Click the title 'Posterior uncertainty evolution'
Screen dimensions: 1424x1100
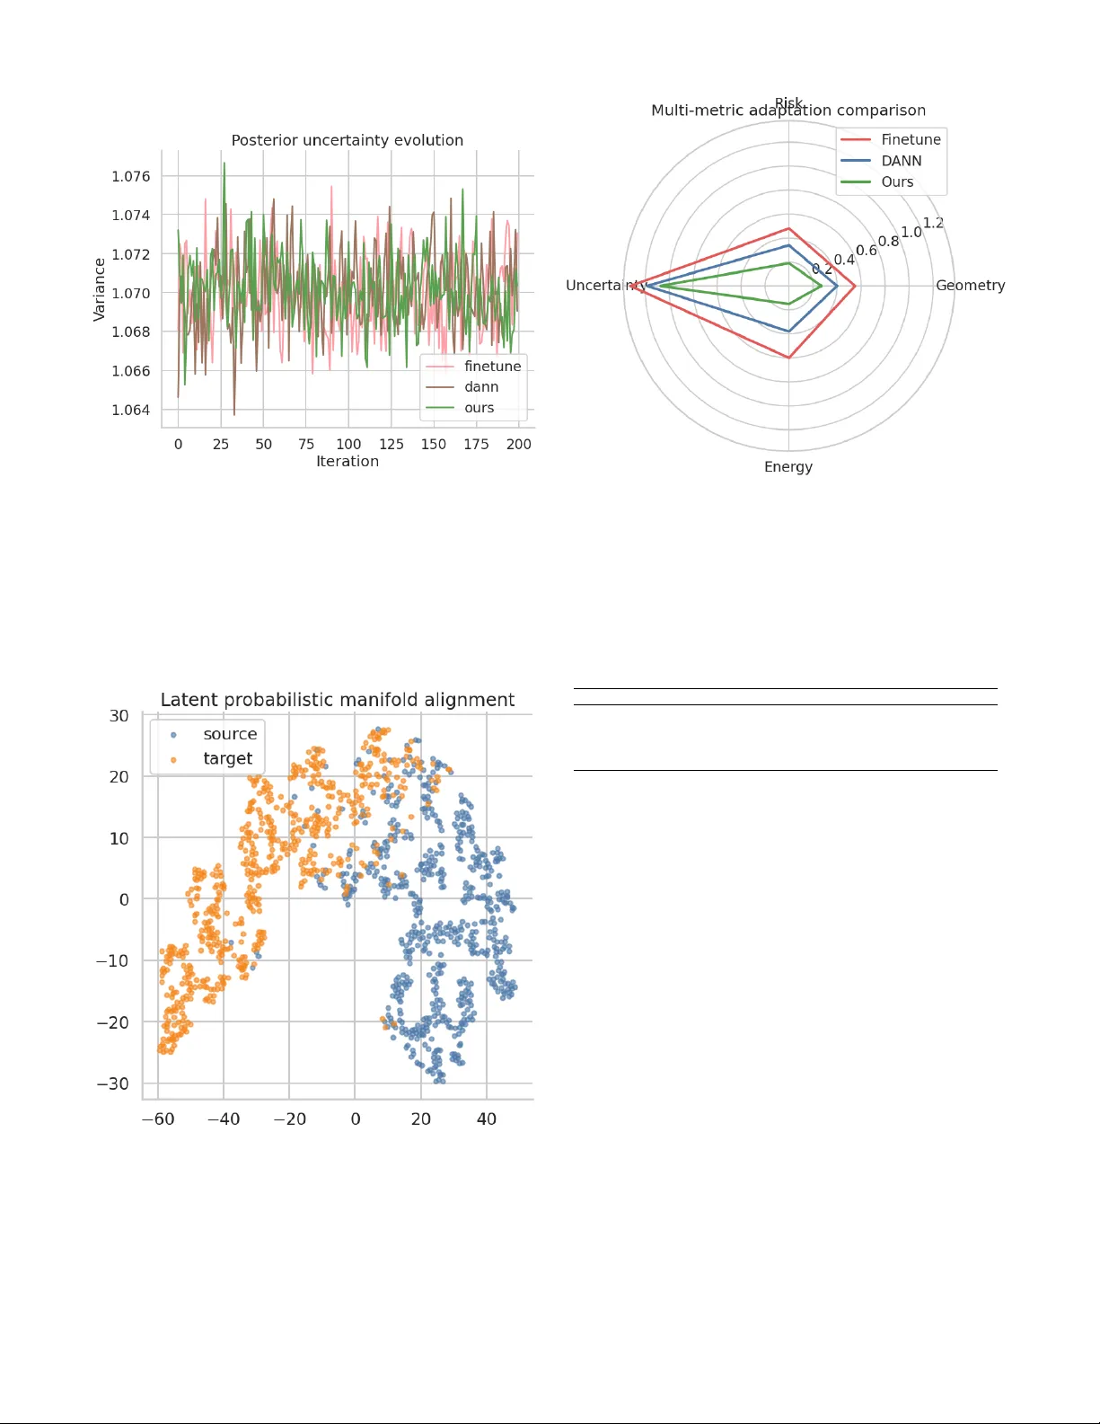(347, 140)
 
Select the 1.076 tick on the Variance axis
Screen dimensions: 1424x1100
(131, 176)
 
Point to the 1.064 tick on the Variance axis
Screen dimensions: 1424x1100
(131, 410)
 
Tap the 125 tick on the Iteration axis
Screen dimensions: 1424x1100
(392, 444)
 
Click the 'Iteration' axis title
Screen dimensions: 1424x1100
(347, 462)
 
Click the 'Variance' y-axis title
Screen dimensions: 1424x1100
(100, 289)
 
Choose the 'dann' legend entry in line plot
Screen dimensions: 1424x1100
(481, 387)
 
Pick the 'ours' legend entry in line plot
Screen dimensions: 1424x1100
(479, 408)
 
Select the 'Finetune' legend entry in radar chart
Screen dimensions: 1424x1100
(911, 139)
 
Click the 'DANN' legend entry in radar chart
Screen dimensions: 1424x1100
(901, 161)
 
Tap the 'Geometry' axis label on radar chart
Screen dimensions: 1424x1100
(970, 285)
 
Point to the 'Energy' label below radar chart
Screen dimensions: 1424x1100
(788, 467)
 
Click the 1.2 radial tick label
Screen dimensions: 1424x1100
(933, 223)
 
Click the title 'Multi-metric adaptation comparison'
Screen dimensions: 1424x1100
(788, 111)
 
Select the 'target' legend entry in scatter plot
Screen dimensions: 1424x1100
(227, 759)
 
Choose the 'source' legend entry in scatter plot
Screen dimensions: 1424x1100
(230, 734)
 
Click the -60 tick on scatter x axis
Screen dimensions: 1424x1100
(158, 1119)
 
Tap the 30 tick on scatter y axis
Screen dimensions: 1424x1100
(119, 716)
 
